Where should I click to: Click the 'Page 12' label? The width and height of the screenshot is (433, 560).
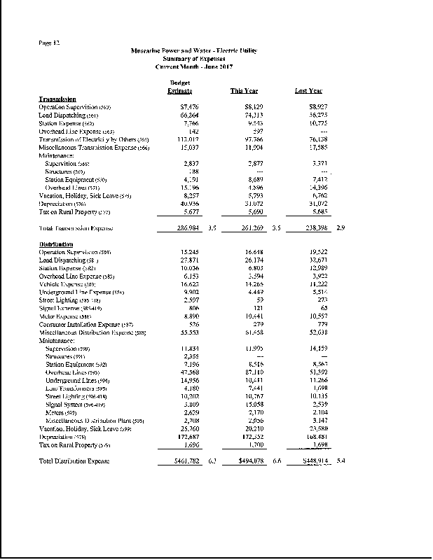50,43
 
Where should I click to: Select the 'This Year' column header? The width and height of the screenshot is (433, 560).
244,91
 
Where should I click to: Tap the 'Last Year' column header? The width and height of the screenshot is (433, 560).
309,91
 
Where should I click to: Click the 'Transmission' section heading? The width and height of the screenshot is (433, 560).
57,99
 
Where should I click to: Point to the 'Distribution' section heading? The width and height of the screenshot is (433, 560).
57,244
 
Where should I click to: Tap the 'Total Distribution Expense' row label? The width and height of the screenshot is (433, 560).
74,461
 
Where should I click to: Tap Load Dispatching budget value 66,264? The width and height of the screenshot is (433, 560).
181,114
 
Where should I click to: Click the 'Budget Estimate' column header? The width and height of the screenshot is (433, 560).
181,87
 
